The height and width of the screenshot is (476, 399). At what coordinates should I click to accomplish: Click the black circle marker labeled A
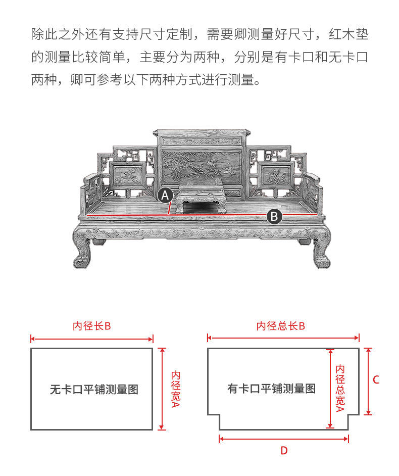pos(166,195)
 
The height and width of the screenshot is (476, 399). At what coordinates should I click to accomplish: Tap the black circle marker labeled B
pos(274,216)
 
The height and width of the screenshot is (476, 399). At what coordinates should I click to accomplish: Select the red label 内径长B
pos(91,326)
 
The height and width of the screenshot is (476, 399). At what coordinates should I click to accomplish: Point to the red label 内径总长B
pos(280,326)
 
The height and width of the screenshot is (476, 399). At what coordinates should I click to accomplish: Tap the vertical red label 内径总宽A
pos(340,388)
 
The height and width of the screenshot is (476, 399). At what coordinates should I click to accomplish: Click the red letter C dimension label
pos(376,380)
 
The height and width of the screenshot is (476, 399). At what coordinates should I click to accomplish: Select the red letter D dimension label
pos(284,450)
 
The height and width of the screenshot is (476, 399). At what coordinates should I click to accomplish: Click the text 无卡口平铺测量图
pos(94,390)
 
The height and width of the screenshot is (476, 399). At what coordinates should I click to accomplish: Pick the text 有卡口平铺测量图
pos(271,389)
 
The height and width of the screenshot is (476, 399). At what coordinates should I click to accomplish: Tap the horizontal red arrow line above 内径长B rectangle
pos(91,339)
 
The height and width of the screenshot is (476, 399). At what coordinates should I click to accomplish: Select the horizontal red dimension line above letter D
pos(284,439)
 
